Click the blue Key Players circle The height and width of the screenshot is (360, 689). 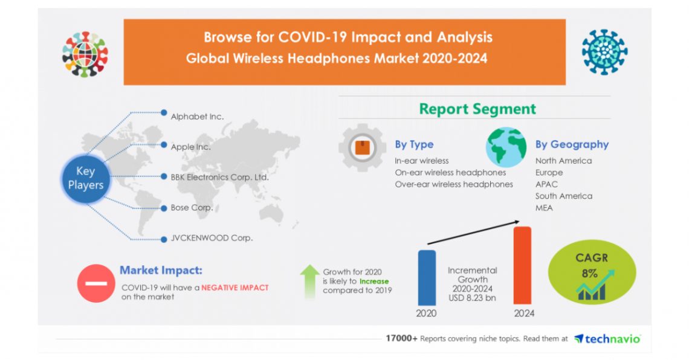tap(85, 178)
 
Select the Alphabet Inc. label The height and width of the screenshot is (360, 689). tap(197, 117)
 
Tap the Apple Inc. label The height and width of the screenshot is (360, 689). tap(191, 147)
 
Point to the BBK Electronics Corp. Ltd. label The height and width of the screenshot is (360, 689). tap(219, 177)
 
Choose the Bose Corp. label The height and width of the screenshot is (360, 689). tap(192, 207)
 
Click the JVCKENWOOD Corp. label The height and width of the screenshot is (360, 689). tap(212, 237)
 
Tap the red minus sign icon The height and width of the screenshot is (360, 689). tap(95, 283)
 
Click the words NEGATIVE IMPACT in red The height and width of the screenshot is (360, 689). tap(235, 288)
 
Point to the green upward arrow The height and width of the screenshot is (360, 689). tap(310, 281)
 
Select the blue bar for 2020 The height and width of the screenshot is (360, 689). tap(427, 277)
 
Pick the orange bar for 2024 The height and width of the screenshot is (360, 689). tap(522, 265)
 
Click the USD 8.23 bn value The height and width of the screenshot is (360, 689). tap(472, 298)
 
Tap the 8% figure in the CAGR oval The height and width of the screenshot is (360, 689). tap(589, 274)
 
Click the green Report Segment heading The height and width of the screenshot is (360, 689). tap(477, 109)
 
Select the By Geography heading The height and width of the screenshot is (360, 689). tap(572, 144)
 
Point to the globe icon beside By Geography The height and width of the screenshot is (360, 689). tap(506, 147)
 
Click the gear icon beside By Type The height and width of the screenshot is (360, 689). tap(362, 147)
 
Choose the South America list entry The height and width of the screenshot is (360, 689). tap(563, 196)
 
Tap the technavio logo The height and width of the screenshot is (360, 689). tap(607, 338)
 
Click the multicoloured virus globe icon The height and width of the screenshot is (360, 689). tap(85, 54)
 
